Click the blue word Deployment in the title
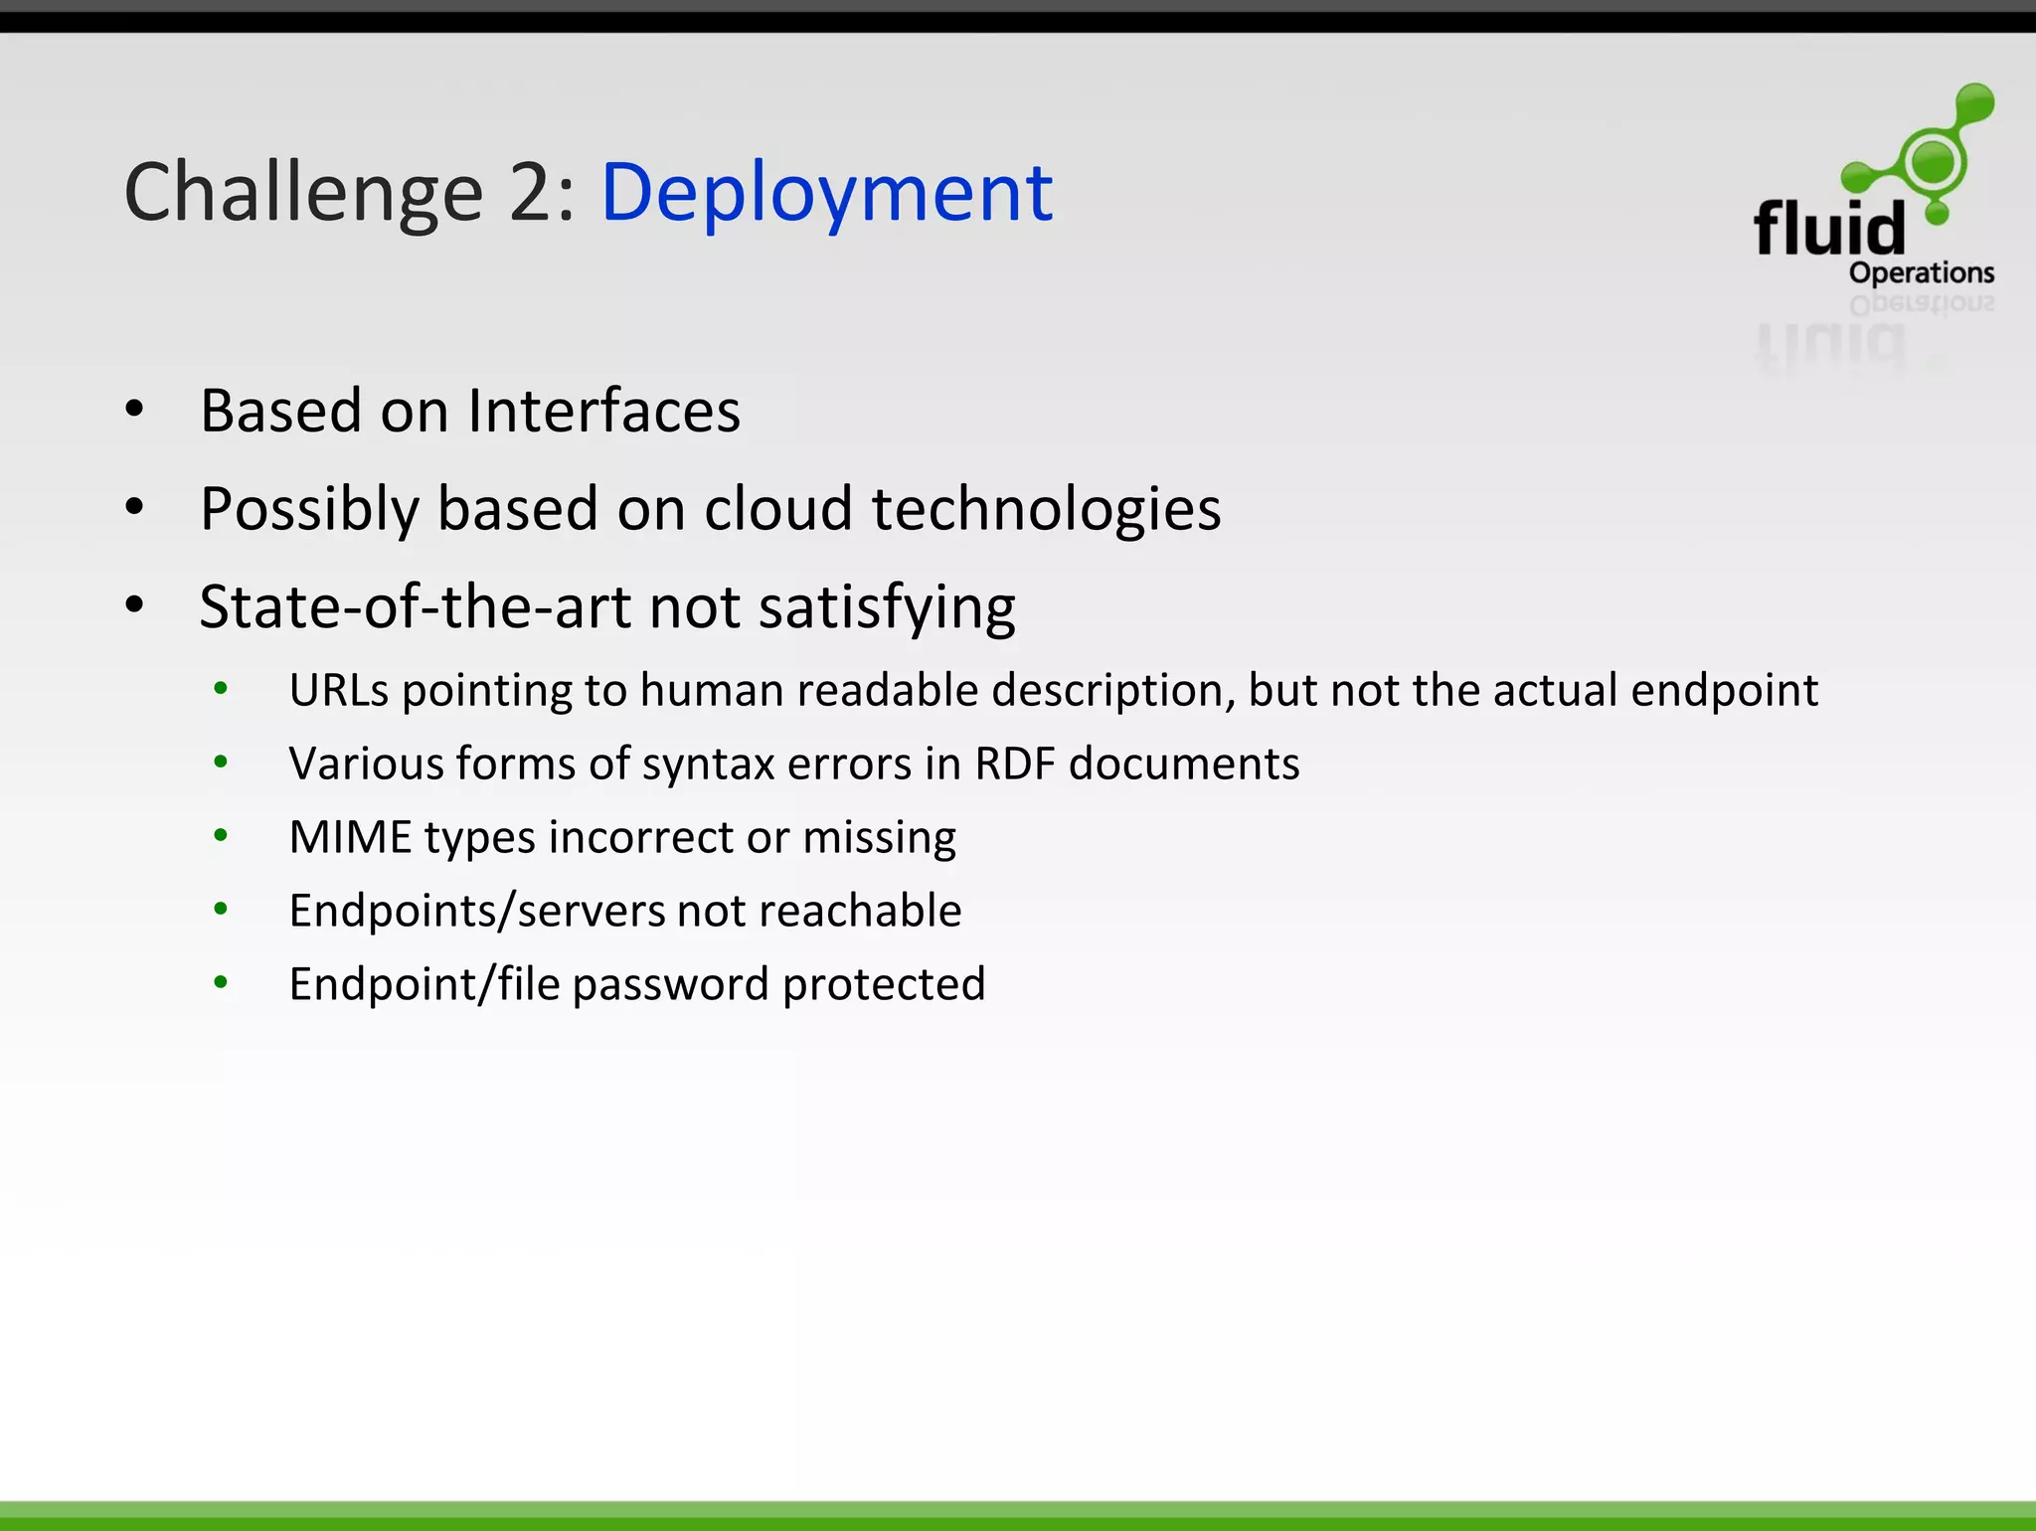point(826,194)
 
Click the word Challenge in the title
point(303,194)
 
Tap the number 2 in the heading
point(533,194)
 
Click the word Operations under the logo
point(1921,272)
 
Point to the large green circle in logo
point(1934,161)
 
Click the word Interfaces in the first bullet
point(603,411)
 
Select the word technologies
point(1046,509)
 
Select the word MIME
point(350,837)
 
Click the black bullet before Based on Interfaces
point(135,409)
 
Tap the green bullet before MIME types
point(221,836)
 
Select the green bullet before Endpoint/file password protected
point(221,983)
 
